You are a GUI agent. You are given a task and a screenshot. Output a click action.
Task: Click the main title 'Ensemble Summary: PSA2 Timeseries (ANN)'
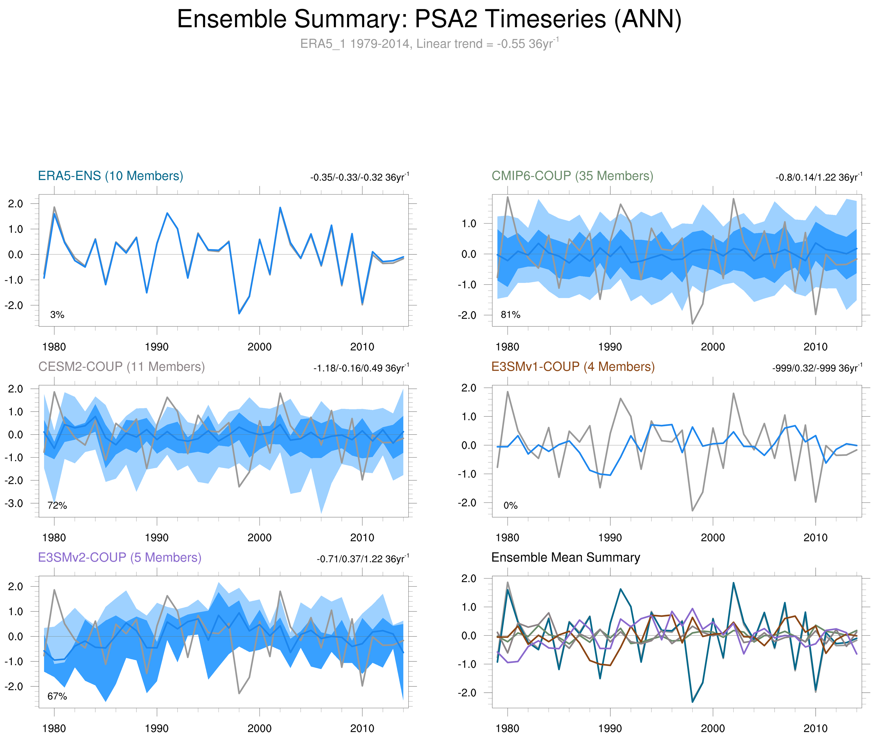429,19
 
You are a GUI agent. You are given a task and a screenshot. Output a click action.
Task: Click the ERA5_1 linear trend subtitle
429,44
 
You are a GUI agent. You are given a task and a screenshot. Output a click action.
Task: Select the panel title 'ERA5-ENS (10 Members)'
110,176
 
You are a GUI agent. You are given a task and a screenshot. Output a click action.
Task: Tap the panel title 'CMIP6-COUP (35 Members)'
572,176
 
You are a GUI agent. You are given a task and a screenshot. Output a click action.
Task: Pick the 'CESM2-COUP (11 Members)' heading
121,367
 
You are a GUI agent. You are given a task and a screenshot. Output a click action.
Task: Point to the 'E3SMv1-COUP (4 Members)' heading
572,367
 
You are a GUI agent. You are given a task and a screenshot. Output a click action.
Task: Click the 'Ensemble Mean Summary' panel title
566,557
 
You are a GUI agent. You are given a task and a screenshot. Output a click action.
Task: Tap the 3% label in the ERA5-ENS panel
57,315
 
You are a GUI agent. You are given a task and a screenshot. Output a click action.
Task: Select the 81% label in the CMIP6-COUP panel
510,315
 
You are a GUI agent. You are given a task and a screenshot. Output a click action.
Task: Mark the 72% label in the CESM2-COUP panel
57,505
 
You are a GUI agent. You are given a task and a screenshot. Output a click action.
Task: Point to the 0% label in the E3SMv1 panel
510,505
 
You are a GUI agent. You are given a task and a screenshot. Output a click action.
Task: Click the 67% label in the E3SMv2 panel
57,696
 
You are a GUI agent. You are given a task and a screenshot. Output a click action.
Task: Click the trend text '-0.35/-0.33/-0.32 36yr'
359,177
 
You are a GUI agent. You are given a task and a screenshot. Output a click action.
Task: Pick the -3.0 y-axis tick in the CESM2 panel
14,503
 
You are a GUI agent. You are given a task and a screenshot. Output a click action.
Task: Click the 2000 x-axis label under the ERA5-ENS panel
259,347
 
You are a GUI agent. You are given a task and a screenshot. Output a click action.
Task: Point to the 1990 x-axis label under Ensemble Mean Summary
610,728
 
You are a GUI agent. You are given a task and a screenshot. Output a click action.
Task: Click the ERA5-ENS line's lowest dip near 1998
239,313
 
